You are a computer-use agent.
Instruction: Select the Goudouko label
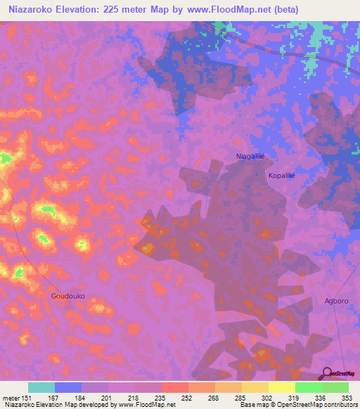coord(68,296)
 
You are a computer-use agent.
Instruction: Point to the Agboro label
coord(336,301)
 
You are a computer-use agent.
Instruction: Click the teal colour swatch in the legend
coord(41,387)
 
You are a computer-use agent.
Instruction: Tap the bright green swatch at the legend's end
coord(335,387)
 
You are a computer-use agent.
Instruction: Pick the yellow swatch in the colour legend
coord(281,387)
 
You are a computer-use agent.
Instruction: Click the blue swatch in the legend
coord(68,387)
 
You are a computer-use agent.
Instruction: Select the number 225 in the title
coord(113,10)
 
